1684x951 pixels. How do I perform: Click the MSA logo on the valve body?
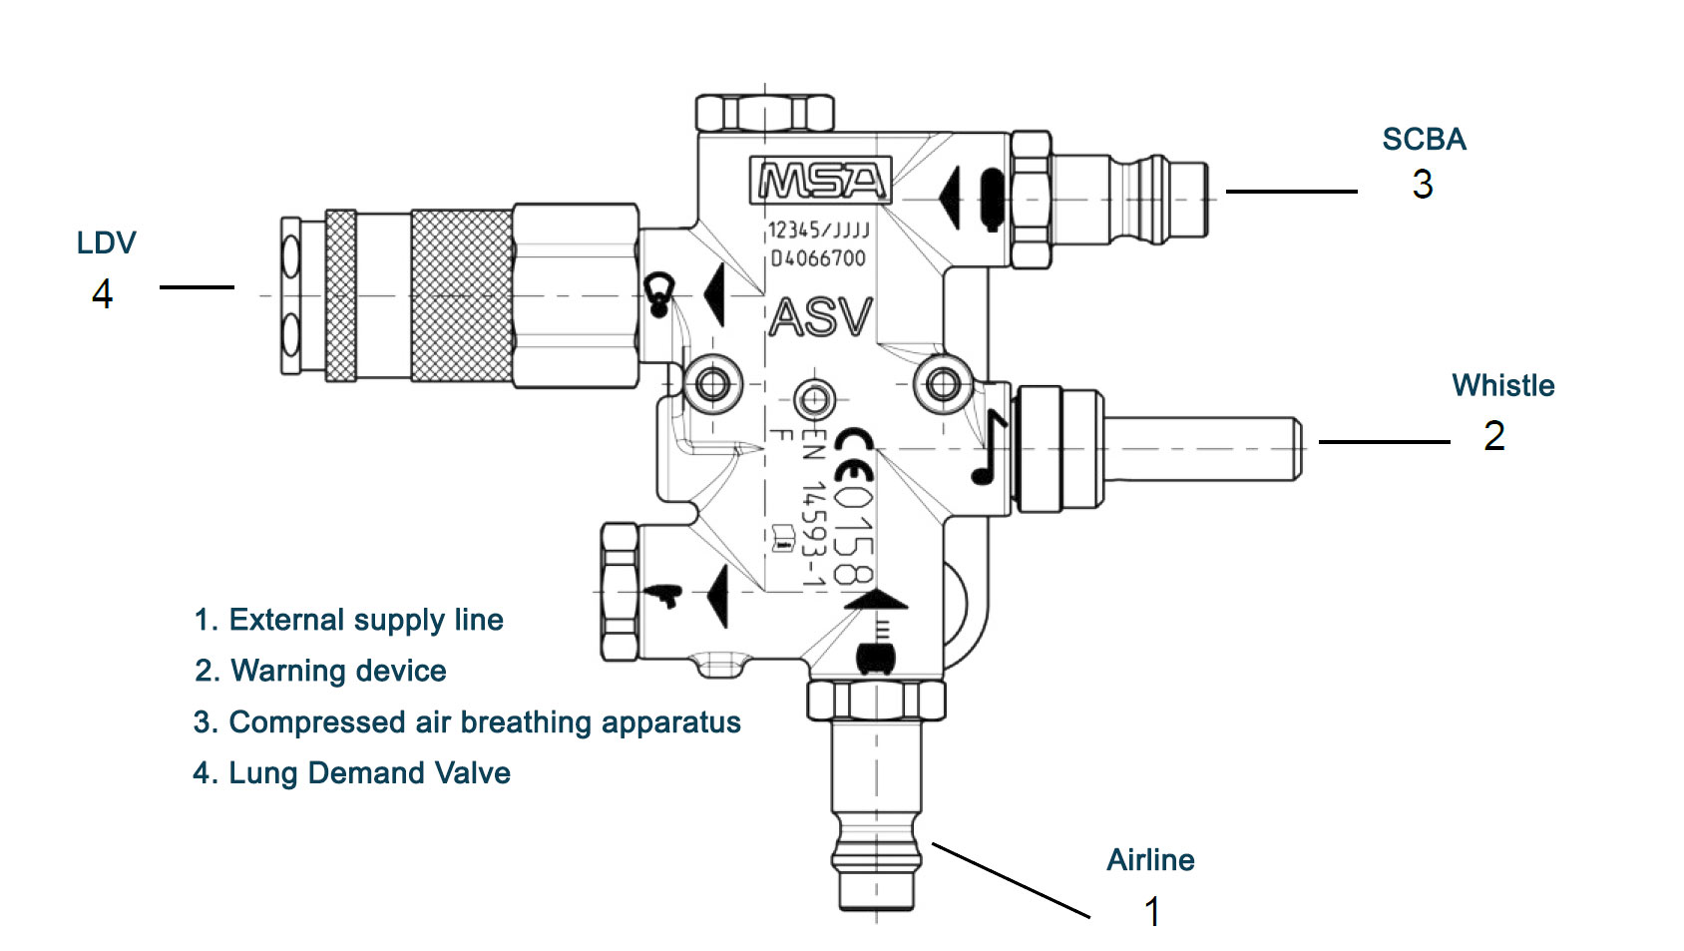click(x=820, y=181)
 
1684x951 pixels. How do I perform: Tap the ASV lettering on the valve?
click(x=821, y=318)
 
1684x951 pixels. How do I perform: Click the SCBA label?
click(x=1424, y=140)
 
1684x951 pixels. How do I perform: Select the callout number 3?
click(x=1422, y=185)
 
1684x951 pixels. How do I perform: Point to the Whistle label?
click(x=1502, y=386)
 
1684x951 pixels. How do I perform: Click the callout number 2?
click(x=1493, y=436)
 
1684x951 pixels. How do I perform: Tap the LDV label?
click(x=106, y=243)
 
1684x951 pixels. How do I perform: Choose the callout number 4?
click(x=102, y=294)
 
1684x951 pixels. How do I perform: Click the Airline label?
click(x=1150, y=860)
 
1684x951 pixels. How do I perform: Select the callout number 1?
click(x=1152, y=911)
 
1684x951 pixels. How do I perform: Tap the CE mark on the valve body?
click(x=854, y=455)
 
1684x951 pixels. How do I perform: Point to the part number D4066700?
click(x=818, y=258)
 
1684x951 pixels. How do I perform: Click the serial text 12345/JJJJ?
click(x=818, y=231)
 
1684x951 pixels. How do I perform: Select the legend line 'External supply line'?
click(x=348, y=620)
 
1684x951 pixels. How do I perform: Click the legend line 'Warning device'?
click(x=320, y=671)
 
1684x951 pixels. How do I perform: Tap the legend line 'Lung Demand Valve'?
click(x=351, y=773)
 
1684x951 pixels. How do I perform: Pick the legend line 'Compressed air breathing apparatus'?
click(x=467, y=722)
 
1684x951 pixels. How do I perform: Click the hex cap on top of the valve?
click(x=764, y=113)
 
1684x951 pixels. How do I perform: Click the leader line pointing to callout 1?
click(x=1010, y=880)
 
